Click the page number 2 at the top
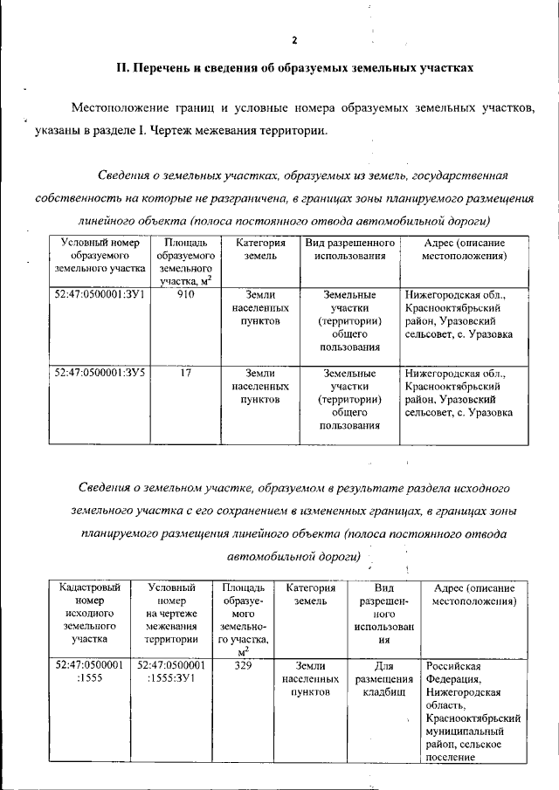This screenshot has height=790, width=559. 294,40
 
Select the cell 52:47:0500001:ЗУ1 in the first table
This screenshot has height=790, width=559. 99,295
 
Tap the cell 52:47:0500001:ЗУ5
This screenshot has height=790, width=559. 99,373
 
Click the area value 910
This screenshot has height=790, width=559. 185,295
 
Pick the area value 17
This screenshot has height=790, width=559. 185,373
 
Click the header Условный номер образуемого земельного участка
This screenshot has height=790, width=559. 99,257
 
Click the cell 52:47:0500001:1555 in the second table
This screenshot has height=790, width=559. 88,671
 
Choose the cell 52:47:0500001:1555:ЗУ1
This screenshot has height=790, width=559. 173,671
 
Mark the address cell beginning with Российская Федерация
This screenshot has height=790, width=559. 474,711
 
